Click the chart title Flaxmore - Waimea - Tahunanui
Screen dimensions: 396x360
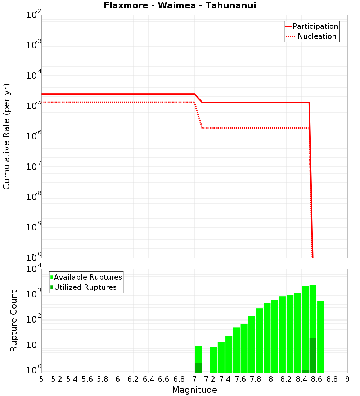click(180, 6)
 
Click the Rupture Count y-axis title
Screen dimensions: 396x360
click(14, 320)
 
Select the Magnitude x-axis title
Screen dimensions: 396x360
click(194, 390)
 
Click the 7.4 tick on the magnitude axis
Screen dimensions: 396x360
click(225, 379)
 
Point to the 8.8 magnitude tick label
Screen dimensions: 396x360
click(332, 379)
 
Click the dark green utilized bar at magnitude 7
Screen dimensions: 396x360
click(198, 368)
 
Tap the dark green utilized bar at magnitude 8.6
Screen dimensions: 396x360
click(313, 355)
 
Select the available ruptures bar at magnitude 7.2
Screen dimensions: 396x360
click(213, 360)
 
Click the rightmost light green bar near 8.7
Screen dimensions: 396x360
click(320, 337)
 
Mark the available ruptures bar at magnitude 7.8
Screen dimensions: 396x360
click(259, 340)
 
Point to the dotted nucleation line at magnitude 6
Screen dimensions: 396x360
click(118, 102)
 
